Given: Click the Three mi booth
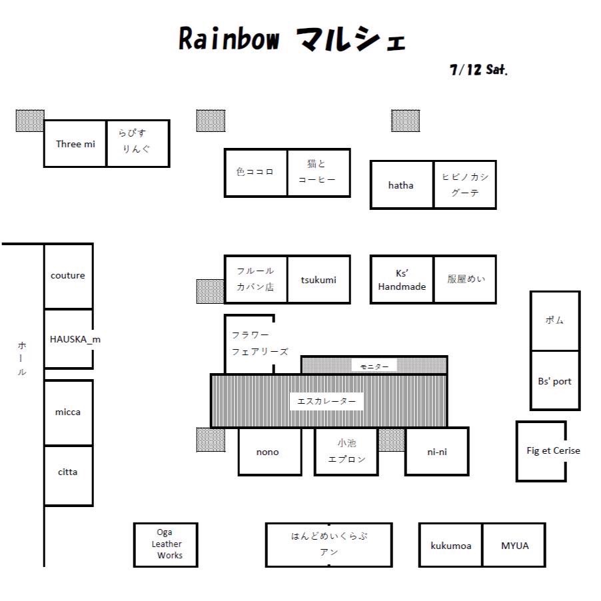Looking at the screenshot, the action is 75,143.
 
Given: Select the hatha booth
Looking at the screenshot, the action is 402,185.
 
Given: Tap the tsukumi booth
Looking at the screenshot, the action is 319,279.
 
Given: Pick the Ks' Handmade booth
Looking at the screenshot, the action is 402,279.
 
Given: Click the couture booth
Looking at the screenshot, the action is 69,276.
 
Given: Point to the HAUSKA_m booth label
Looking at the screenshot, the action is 75,339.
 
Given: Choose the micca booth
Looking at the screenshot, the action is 69,412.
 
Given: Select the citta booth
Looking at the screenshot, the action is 69,476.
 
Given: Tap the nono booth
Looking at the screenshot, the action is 270,452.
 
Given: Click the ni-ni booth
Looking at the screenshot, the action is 437,452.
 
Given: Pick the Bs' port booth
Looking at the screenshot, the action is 555,380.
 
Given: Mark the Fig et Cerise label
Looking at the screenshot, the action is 553,450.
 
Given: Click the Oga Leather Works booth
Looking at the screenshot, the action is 166,544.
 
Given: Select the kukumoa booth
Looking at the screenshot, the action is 450,544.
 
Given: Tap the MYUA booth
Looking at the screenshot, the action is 514,544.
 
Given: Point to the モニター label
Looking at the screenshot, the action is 374,367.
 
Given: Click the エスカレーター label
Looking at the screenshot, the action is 326,401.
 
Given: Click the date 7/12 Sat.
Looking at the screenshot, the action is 478,70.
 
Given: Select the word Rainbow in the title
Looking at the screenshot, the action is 229,39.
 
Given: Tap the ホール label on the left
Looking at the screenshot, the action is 22,358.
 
